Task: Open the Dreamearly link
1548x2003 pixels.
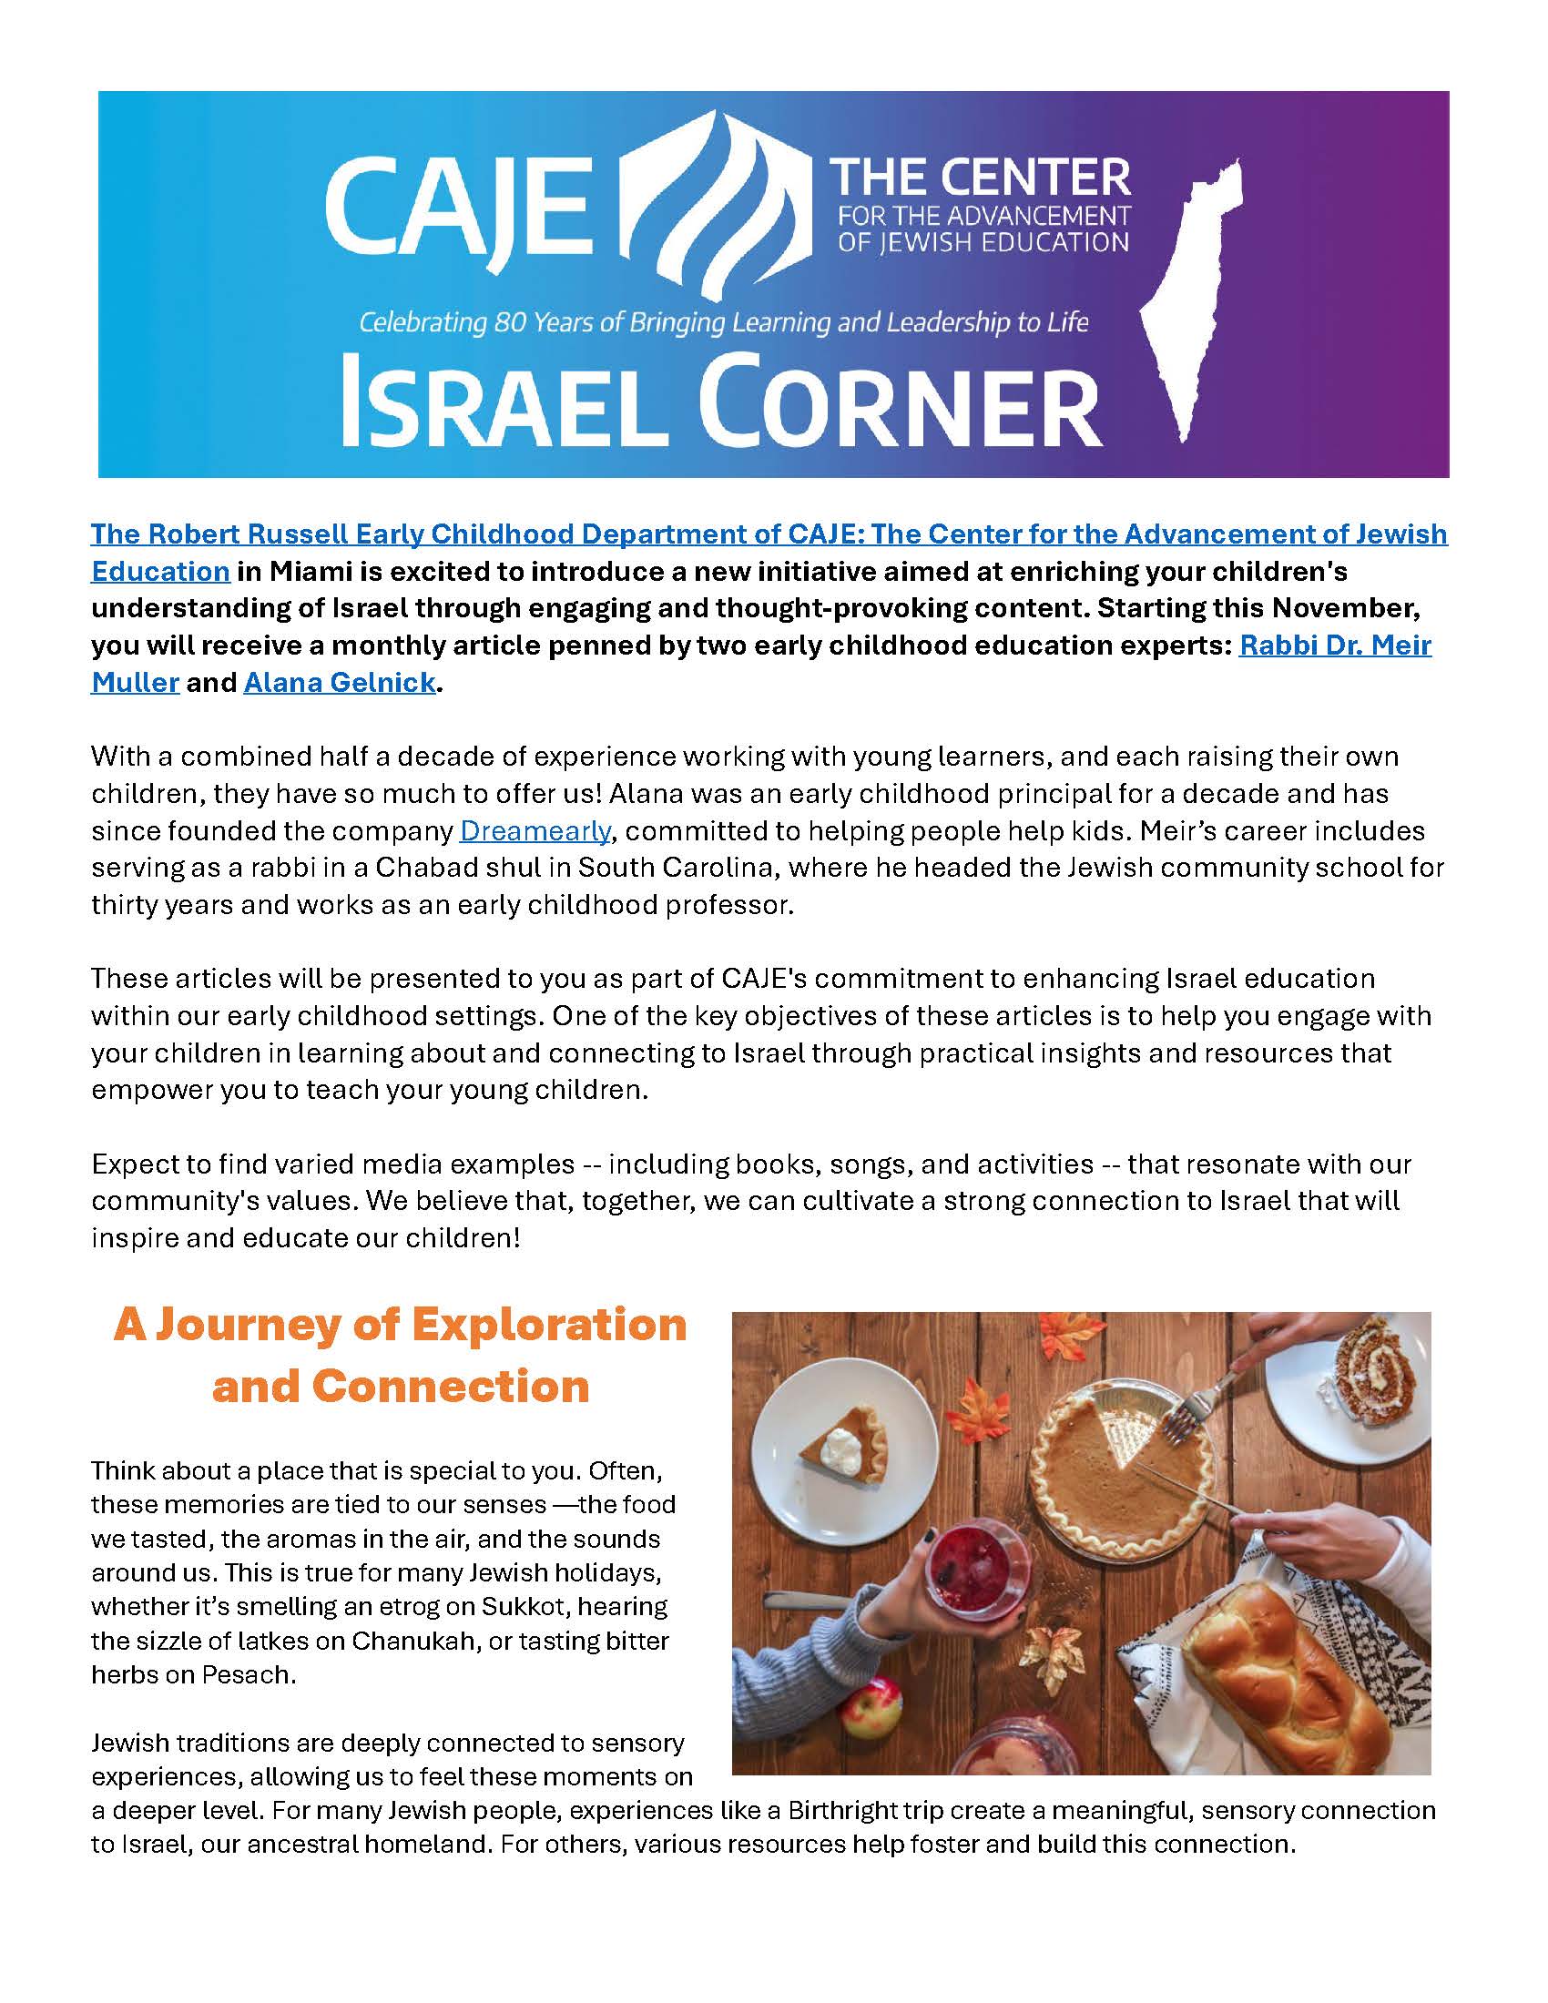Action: point(535,831)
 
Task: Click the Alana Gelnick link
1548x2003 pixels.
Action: point(340,683)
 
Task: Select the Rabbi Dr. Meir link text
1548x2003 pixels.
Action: point(1334,646)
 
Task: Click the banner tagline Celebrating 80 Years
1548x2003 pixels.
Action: point(724,322)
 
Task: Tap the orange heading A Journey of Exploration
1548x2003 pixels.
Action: point(400,1326)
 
